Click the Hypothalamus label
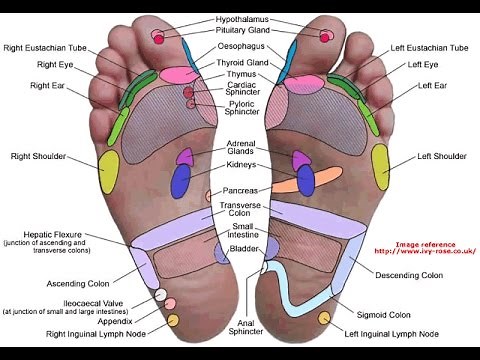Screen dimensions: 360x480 [241, 19]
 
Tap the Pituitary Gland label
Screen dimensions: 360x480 [241, 31]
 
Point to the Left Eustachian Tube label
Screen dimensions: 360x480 [429, 47]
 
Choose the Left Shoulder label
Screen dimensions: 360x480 [442, 156]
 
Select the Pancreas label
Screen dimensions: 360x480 [241, 190]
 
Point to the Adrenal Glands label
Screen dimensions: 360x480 [241, 147]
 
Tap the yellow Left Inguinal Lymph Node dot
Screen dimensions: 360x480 [323, 318]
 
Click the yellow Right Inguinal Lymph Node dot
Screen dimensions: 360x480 [172, 320]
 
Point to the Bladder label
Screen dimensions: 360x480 [243, 248]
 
